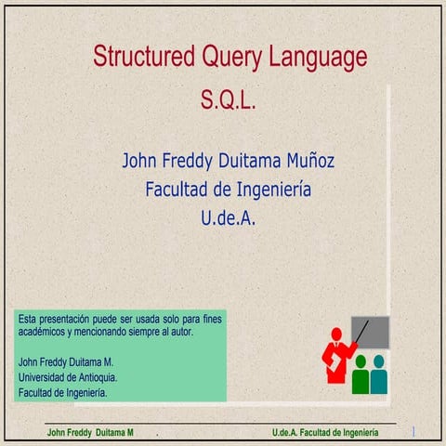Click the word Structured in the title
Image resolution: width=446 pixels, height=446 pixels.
coord(144,56)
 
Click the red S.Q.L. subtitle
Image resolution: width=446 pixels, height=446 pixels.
coord(229,100)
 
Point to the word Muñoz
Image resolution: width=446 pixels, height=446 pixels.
coord(310,160)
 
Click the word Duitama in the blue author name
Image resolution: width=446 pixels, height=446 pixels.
coord(250,161)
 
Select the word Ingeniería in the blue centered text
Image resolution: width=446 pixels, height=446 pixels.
coord(274,190)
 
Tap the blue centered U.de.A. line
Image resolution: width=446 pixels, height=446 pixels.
coord(229,217)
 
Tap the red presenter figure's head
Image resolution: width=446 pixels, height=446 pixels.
coord(336,334)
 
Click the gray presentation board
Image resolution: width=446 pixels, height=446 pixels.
coord(370,333)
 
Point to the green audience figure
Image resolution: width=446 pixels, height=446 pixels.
coord(361,374)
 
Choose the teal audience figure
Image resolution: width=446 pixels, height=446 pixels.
coord(379,374)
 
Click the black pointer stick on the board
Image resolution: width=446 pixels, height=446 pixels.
coord(361,332)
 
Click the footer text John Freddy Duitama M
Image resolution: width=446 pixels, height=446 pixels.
coord(90,432)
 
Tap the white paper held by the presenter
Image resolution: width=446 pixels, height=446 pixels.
coord(334,361)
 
